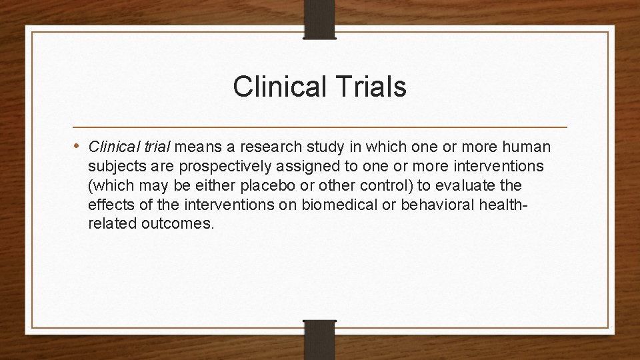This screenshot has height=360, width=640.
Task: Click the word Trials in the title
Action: (x=370, y=88)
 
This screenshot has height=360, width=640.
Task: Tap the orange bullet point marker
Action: (x=79, y=146)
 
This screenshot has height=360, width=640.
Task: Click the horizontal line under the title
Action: (x=320, y=127)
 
